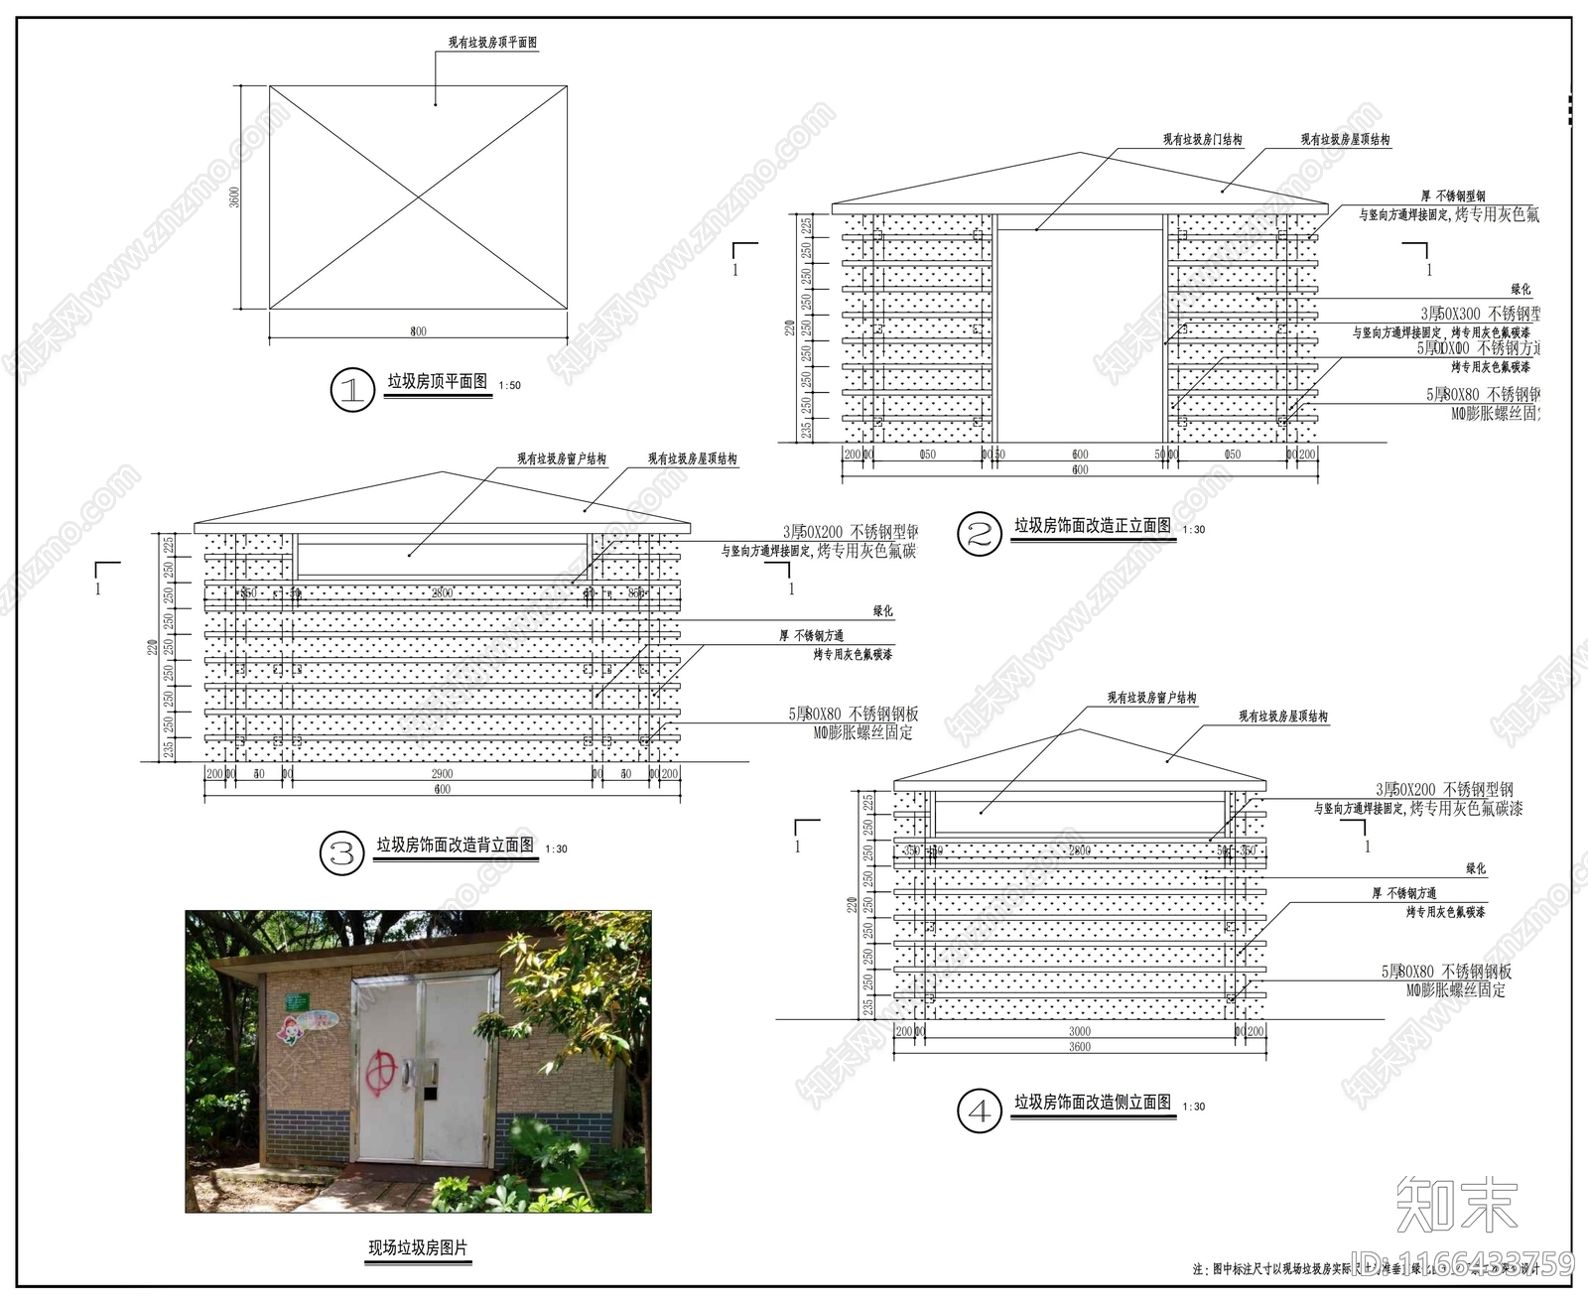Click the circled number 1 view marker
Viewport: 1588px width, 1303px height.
tap(351, 390)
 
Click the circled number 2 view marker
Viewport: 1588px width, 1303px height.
tap(979, 535)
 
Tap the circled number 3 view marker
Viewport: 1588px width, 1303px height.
tap(341, 853)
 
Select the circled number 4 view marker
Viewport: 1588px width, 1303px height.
tap(979, 1110)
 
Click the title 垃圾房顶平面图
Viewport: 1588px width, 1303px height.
tap(437, 381)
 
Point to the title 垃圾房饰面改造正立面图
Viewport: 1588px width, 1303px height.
tap(1092, 525)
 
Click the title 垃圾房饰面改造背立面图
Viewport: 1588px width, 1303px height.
tap(455, 845)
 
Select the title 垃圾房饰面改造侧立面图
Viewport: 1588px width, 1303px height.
tap(1092, 1102)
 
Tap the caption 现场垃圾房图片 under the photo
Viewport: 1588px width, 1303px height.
tap(417, 1247)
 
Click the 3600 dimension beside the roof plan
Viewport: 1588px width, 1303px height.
tap(235, 196)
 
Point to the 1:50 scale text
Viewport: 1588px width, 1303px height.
tap(509, 385)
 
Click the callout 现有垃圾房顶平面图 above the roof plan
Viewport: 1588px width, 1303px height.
tap(492, 43)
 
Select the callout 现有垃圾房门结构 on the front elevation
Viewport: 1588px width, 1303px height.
tap(1202, 140)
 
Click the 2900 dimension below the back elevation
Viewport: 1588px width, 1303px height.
tap(442, 774)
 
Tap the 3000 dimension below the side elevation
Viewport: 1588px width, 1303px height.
tap(1079, 1032)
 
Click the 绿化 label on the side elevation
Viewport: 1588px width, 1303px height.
tap(1476, 868)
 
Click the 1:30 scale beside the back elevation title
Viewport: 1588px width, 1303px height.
tap(556, 848)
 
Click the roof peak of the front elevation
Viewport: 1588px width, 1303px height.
tap(1080, 153)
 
